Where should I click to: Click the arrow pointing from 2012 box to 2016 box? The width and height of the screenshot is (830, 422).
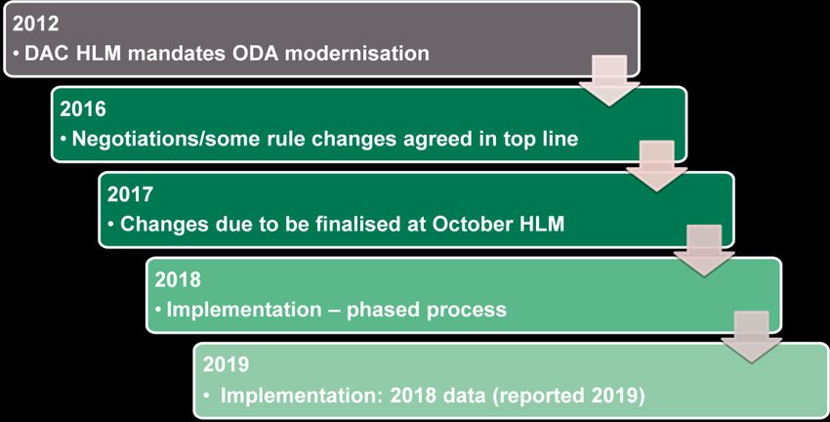[608, 80]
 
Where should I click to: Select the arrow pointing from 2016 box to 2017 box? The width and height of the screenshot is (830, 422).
[656, 166]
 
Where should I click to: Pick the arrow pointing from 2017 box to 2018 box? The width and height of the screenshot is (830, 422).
[704, 250]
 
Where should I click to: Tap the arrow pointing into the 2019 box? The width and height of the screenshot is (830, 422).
[751, 337]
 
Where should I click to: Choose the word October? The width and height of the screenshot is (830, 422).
[470, 224]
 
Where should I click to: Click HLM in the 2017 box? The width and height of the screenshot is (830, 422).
[539, 224]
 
